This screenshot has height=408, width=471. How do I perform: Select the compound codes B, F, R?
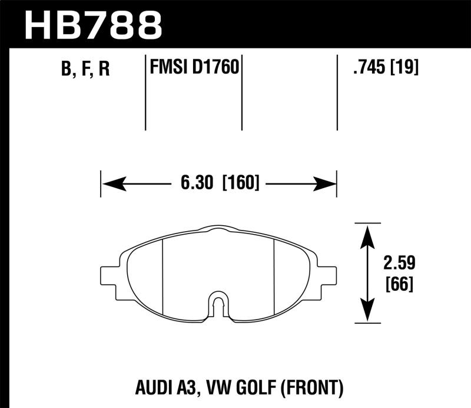pos(85,70)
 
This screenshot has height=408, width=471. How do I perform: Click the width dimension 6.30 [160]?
pos(218,183)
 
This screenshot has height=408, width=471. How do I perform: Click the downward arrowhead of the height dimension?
pos(367,312)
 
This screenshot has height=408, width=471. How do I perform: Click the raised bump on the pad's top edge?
pos(218,228)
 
